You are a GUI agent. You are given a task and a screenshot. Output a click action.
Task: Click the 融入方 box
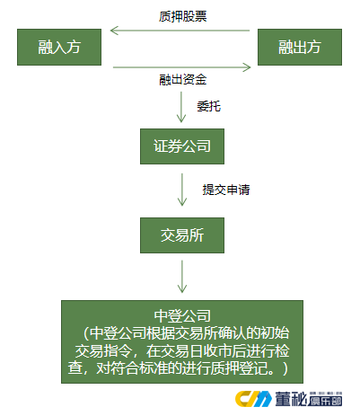59,47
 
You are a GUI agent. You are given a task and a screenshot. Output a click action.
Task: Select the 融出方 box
300,47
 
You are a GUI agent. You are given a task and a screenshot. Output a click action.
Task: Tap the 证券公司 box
182,146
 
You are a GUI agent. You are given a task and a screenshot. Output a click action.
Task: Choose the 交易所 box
182,235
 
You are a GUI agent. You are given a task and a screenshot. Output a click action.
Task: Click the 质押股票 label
183,16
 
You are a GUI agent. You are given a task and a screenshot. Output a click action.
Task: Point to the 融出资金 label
183,80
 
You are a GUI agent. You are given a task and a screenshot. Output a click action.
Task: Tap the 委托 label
209,106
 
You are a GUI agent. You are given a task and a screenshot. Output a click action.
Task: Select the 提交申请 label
226,190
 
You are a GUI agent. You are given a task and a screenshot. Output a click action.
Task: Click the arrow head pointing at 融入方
115,31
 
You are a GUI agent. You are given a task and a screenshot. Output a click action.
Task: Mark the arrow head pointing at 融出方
247,67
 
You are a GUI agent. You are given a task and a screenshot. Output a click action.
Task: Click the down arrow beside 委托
181,107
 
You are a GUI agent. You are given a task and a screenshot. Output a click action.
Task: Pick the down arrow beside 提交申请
182,190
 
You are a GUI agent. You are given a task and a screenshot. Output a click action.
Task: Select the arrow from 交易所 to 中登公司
182,276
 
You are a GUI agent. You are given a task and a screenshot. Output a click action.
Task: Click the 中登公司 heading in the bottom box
182,315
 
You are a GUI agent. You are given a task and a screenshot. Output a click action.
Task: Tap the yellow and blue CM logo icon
253,399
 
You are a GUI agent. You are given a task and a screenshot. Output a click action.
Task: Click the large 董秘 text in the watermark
291,399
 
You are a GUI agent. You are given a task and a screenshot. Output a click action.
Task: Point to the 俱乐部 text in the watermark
324,401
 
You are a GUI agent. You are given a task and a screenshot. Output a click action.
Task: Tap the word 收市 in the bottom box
218,350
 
